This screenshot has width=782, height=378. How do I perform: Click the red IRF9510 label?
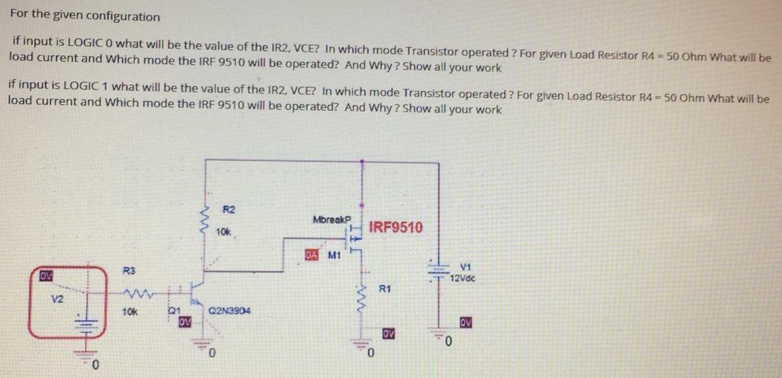tap(395, 227)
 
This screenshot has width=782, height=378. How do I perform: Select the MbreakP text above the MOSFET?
tap(331, 220)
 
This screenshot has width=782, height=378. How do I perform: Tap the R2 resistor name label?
tap(230, 208)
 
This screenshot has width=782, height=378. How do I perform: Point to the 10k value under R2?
tap(223, 233)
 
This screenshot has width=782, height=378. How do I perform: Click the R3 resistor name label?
tap(126, 271)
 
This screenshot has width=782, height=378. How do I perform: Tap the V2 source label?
tap(53, 299)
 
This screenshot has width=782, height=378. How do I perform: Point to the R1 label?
tap(384, 289)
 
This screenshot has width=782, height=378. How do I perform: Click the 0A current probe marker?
tap(311, 255)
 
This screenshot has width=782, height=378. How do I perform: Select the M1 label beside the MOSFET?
tap(334, 256)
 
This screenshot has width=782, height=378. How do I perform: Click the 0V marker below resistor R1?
tap(388, 334)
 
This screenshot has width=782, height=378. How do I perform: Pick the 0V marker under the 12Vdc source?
tap(466, 321)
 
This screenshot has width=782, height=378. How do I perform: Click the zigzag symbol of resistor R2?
tap(202, 221)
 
